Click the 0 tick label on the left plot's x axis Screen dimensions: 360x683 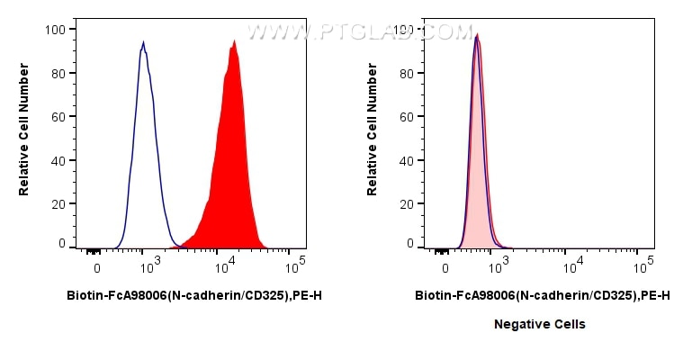tap(96, 267)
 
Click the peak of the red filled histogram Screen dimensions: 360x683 tap(234, 40)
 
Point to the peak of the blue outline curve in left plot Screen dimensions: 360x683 tap(143, 41)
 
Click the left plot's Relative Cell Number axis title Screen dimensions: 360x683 tap(24, 130)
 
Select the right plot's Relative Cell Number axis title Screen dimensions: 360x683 tap(372, 130)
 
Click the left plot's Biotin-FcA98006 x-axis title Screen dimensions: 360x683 tap(194, 295)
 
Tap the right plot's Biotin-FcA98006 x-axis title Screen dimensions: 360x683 tap(542, 295)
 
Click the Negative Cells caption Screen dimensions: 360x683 tap(540, 324)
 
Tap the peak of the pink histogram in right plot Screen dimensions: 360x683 tap(477, 35)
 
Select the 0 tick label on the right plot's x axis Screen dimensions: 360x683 tap(445, 267)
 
